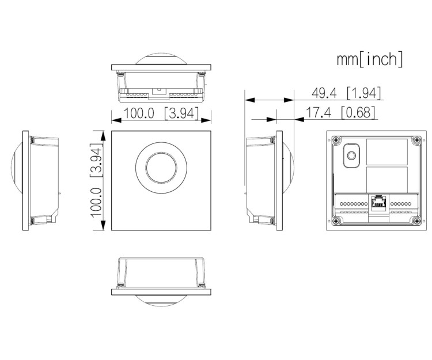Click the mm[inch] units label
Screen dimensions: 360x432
point(370,59)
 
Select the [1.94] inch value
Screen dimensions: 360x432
point(363,93)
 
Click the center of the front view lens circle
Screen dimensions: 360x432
point(161,166)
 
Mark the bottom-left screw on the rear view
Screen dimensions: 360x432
point(334,221)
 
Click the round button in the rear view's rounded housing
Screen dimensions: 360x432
point(350,155)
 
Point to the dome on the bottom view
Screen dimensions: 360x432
point(161,298)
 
